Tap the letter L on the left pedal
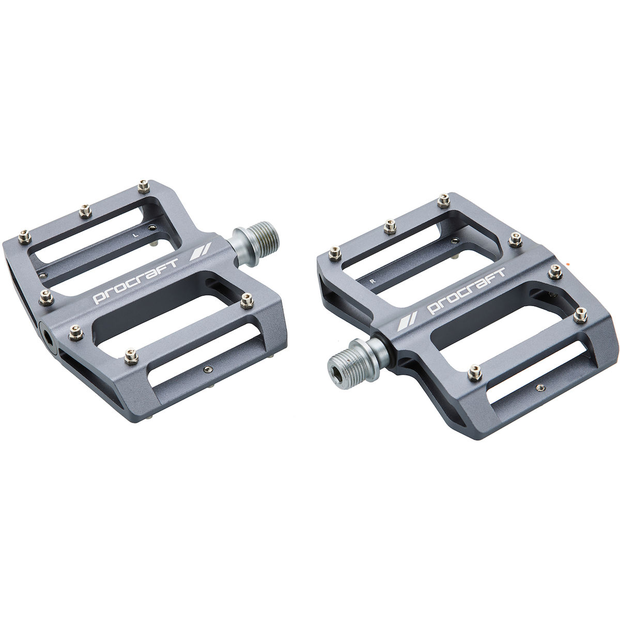pyautogui.click(x=136, y=235)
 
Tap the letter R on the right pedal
pyautogui.click(x=373, y=281)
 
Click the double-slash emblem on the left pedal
pyautogui.click(x=200, y=252)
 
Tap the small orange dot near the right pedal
pyautogui.click(x=567, y=263)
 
